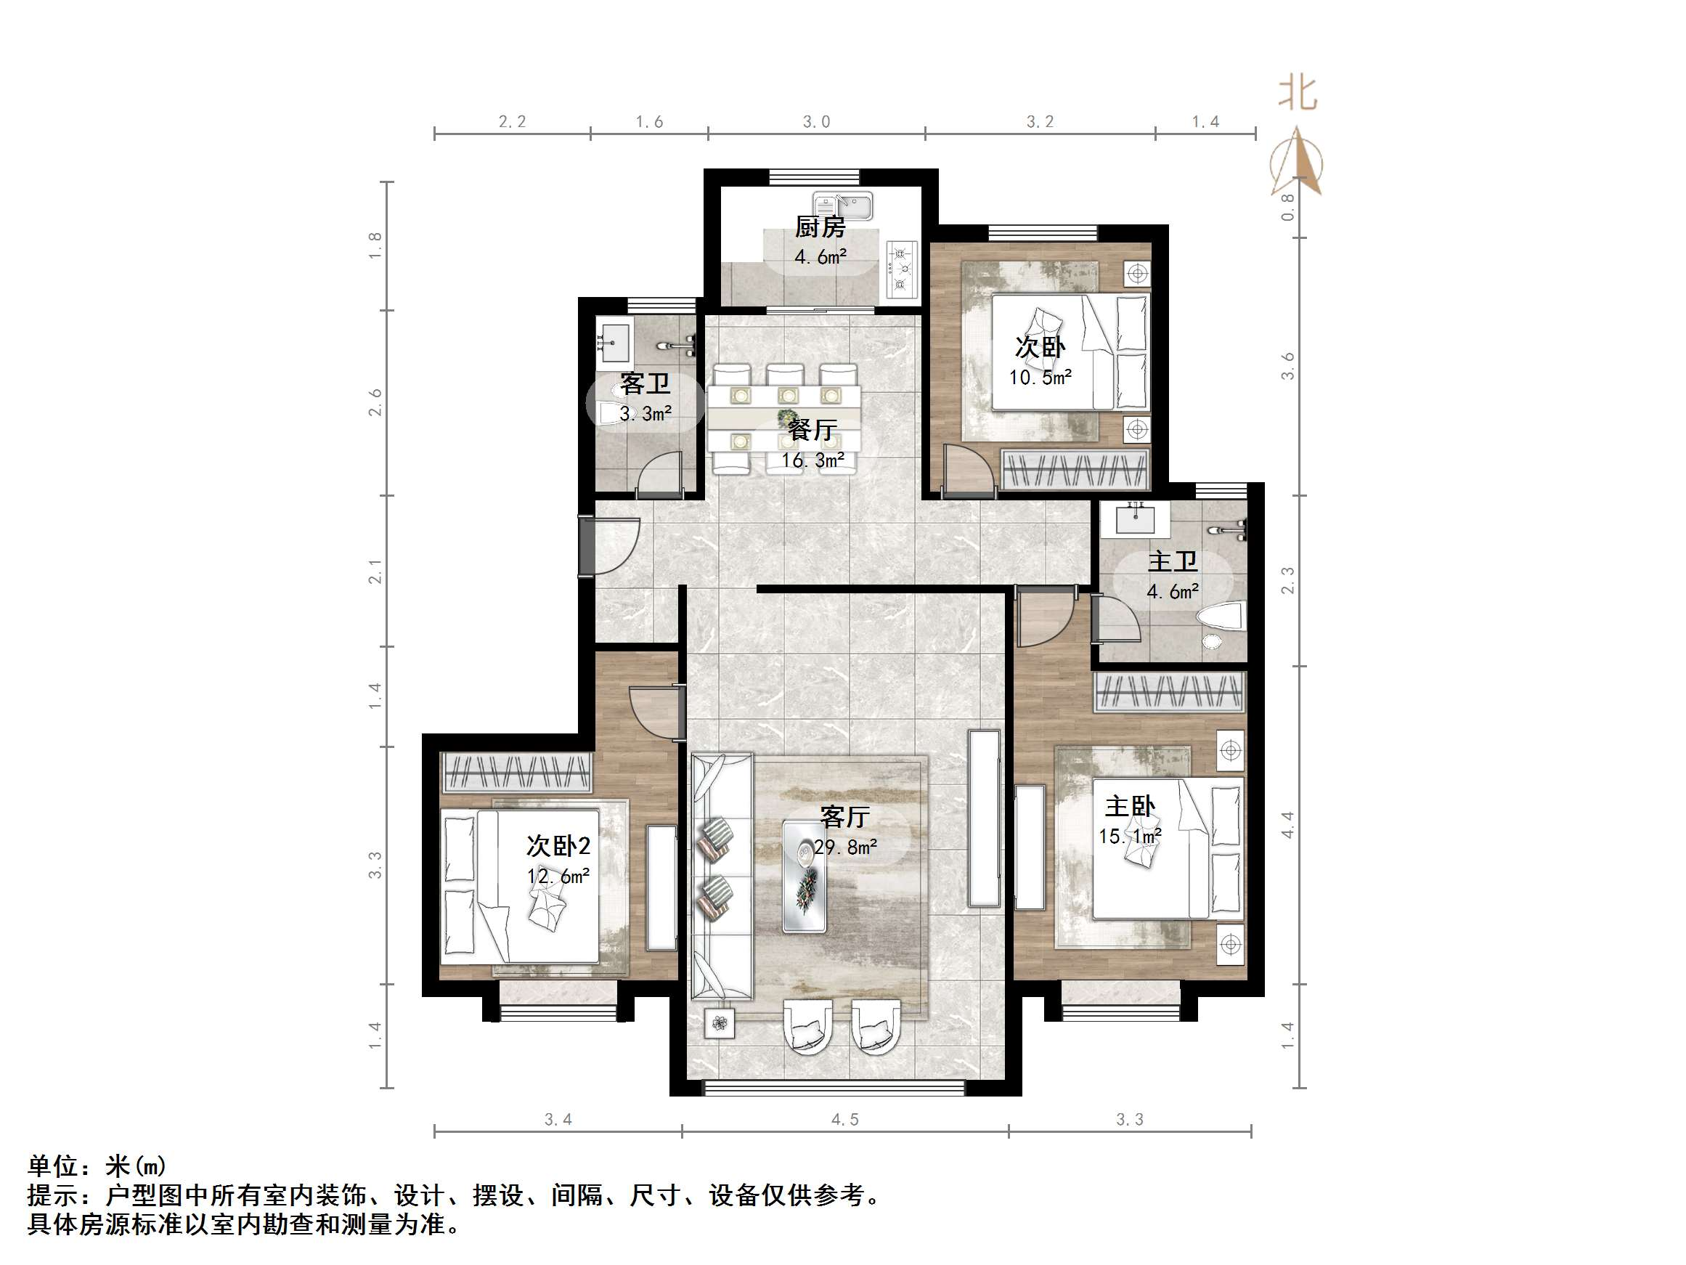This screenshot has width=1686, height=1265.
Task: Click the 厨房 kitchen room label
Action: point(820,227)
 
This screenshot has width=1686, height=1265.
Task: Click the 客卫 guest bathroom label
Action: point(645,383)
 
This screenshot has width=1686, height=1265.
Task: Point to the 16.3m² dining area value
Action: point(813,460)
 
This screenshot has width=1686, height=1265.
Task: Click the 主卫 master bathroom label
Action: point(1172,562)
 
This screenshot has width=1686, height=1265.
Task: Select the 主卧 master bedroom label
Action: point(1131,806)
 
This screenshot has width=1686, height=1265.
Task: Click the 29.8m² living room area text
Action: point(845,847)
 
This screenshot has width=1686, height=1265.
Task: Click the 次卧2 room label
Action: point(558,845)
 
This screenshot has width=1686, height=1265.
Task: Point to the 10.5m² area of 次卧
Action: point(1040,378)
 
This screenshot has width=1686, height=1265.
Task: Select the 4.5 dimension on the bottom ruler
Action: point(844,1119)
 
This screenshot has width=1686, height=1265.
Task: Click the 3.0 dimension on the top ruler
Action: point(816,122)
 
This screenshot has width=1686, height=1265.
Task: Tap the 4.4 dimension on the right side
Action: point(1287,825)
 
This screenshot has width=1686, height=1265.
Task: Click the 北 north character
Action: point(1298,94)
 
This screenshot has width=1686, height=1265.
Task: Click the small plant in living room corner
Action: point(718,1023)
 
